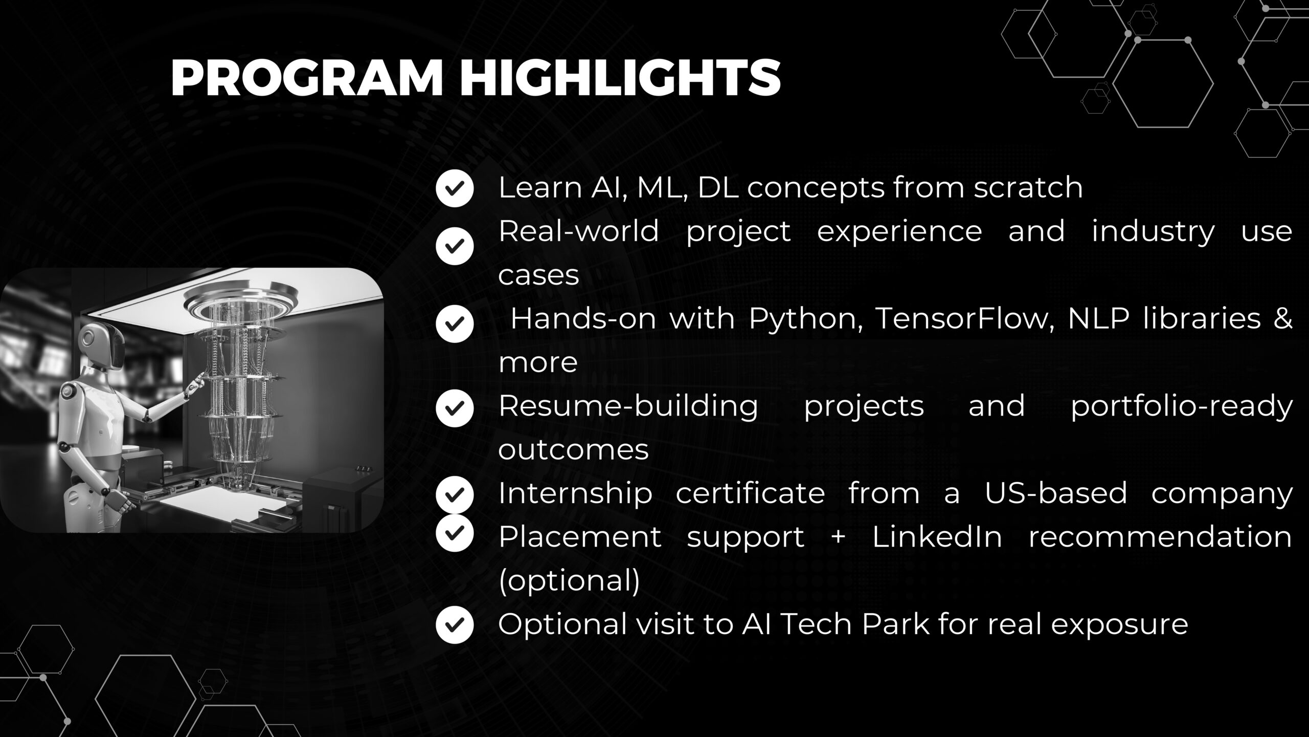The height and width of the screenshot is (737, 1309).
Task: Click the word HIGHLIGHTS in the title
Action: pos(620,78)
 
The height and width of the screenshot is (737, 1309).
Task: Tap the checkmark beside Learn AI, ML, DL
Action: pos(455,188)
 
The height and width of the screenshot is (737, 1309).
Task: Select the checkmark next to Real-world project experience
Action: pos(455,246)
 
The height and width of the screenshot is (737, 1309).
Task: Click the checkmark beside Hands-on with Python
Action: pos(455,323)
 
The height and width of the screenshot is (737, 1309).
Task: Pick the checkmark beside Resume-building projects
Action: pos(455,408)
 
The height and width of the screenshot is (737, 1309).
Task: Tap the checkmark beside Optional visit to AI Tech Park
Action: pos(455,624)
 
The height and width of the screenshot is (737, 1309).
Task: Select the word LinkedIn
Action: pos(937,537)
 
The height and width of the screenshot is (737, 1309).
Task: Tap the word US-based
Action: pos(1056,493)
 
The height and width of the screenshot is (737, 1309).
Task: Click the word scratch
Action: pos(1028,187)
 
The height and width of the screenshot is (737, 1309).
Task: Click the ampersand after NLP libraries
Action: pos(1283,319)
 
